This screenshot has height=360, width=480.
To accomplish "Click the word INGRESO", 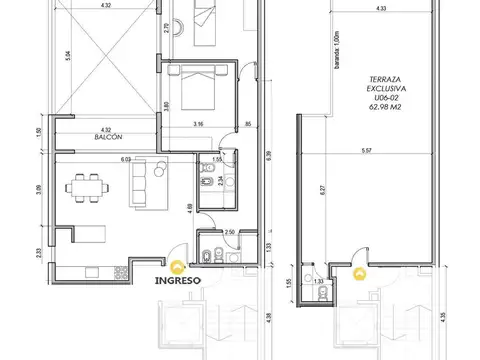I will point(176,280).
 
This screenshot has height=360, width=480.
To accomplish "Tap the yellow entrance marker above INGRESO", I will point(176,266).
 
